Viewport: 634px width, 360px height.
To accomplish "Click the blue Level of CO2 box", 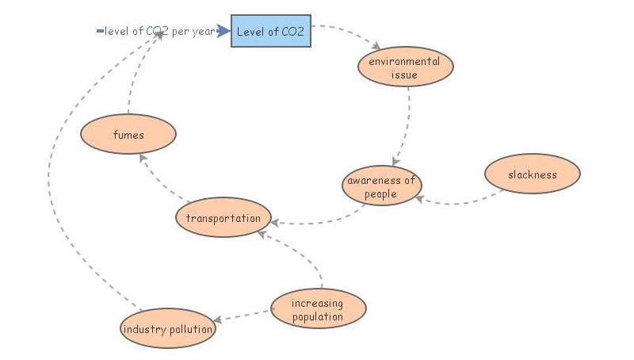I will pos(270,31).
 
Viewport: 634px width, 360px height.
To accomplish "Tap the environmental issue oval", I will pos(405,67).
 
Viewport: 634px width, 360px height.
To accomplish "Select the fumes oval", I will pos(128,135).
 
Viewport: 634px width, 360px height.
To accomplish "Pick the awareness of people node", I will pos(380,186).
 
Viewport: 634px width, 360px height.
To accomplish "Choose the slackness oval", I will pos(532,174).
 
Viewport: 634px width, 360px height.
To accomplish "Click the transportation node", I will pos(223,218).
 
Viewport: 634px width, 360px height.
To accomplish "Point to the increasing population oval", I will pos(318,309).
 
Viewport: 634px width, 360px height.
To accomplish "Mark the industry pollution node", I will pos(167,329).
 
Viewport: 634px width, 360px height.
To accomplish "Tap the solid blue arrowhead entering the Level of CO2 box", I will pos(224,32).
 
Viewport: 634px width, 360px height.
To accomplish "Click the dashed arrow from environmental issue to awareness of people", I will pos(404,127).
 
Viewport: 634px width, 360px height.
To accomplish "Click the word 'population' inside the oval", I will pos(318,316).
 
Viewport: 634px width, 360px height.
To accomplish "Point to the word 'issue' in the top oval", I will pos(404,75).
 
